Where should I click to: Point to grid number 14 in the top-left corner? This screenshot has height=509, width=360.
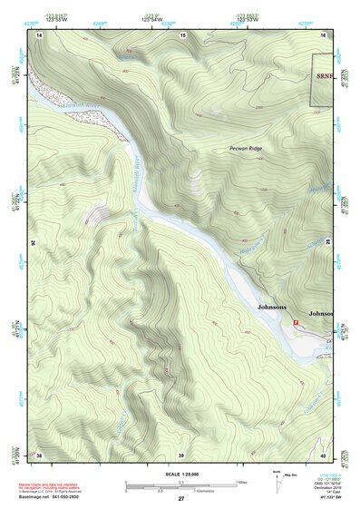(x=40, y=34)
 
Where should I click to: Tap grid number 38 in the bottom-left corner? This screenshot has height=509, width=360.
(x=40, y=454)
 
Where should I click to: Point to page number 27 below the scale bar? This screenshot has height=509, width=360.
(x=181, y=499)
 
